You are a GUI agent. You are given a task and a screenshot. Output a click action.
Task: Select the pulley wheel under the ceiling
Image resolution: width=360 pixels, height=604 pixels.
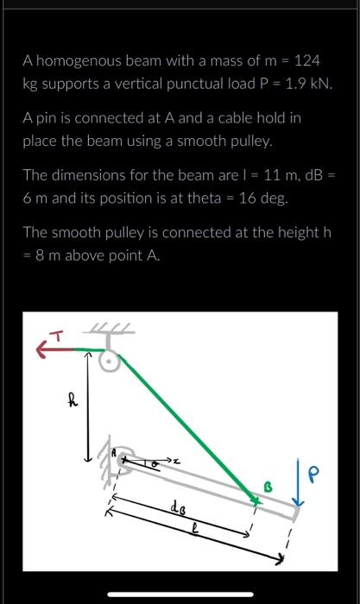pos(110,362)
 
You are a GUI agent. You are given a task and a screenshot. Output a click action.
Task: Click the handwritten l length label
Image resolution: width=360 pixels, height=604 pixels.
pos(197,532)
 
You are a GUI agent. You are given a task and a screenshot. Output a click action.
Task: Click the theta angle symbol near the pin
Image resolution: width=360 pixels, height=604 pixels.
pos(156,463)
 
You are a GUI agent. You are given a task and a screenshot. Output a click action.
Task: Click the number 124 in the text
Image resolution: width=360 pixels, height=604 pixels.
pos(306,61)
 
